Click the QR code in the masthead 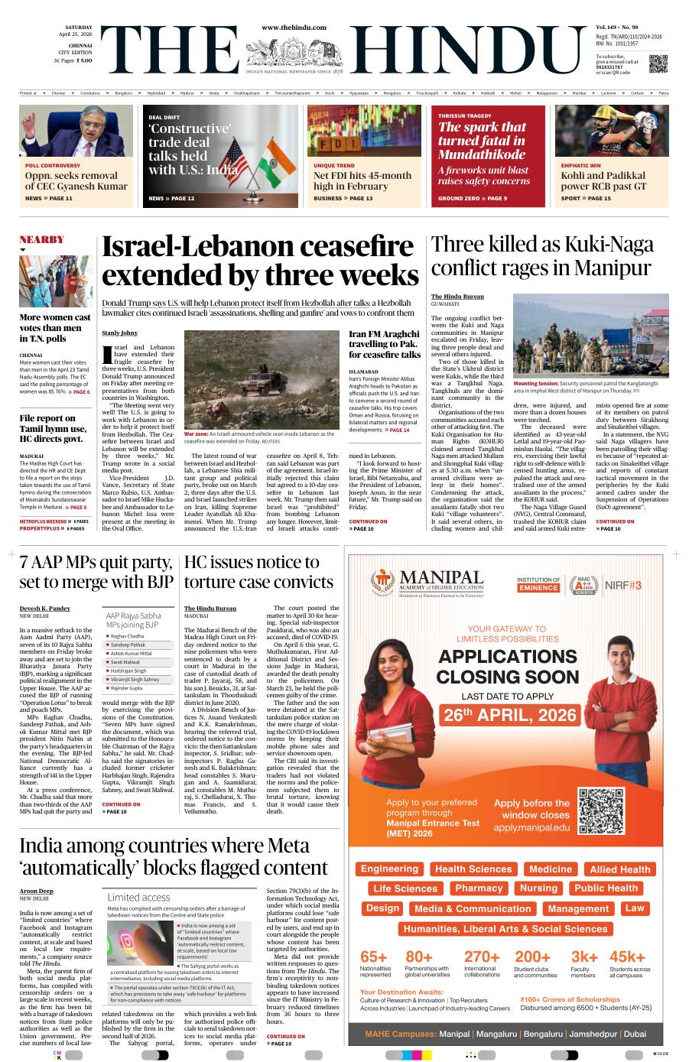(658, 63)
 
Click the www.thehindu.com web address (294, 28)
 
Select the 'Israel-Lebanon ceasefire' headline (260, 261)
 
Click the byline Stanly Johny (120, 333)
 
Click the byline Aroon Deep (36, 891)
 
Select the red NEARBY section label (41, 239)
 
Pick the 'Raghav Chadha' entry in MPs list (127, 636)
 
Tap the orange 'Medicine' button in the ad (550, 869)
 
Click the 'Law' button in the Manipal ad (634, 908)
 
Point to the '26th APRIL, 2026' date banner (509, 716)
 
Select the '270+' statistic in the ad (482, 957)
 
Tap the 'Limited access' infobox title (138, 897)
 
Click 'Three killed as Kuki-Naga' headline (542, 255)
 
